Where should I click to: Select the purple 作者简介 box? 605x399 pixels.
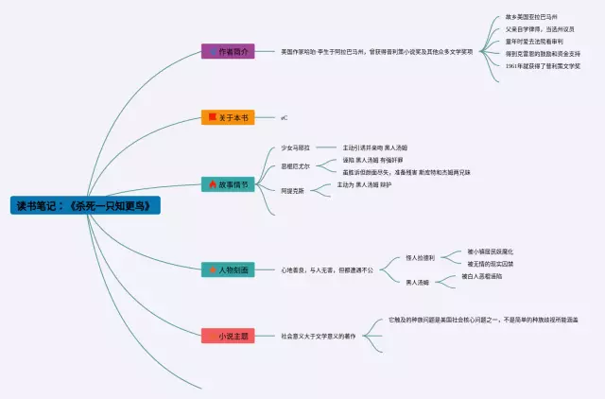click(228, 51)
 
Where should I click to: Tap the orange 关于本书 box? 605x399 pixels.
click(228, 118)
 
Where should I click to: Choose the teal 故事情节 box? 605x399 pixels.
click(228, 184)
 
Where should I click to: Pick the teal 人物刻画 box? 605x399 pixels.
click(228, 269)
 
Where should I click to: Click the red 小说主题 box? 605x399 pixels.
click(228, 336)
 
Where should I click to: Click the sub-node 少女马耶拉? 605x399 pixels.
click(296, 148)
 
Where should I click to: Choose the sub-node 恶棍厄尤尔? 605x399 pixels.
click(296, 166)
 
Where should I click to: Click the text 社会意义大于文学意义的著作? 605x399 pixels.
click(318, 336)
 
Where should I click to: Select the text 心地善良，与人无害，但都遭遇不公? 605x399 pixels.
click(327, 269)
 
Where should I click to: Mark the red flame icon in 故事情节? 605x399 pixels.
click(213, 184)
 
